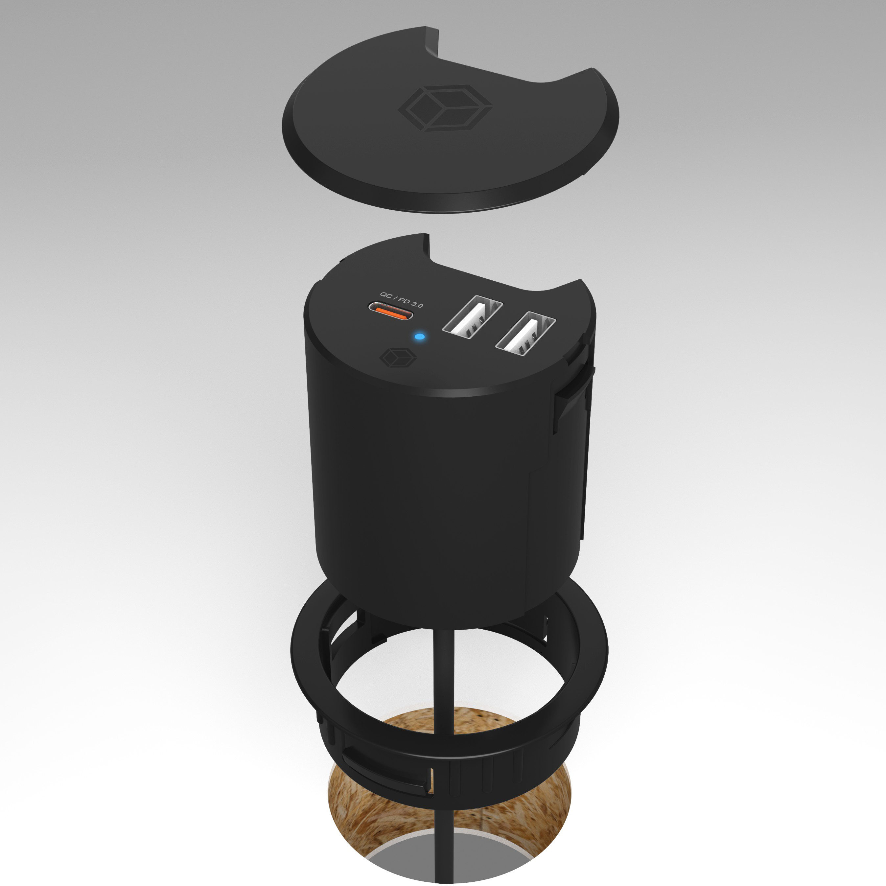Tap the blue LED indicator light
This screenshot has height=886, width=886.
point(419,338)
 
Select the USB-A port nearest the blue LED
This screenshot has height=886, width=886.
point(472,318)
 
